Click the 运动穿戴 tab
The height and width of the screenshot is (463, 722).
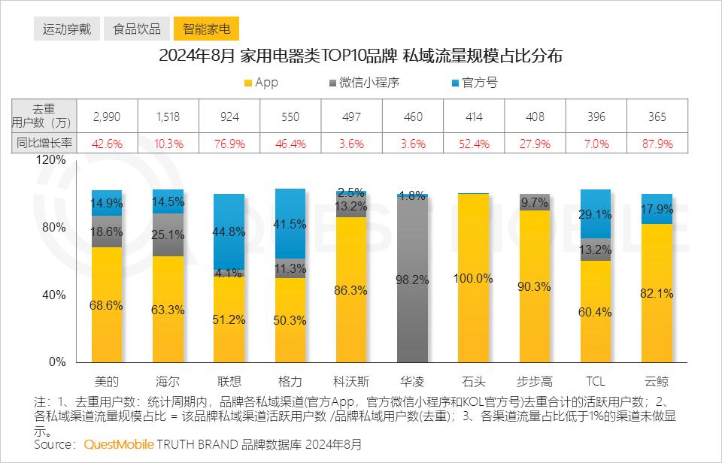[67, 29]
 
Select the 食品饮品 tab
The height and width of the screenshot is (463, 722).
[137, 29]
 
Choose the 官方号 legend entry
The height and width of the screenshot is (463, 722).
[473, 83]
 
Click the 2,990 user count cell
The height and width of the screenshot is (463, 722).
[106, 117]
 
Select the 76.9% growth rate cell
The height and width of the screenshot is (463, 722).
[229, 143]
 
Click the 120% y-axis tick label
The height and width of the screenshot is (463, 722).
[51, 160]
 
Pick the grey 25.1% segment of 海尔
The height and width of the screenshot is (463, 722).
[168, 235]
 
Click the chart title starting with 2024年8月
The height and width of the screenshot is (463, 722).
[361, 57]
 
